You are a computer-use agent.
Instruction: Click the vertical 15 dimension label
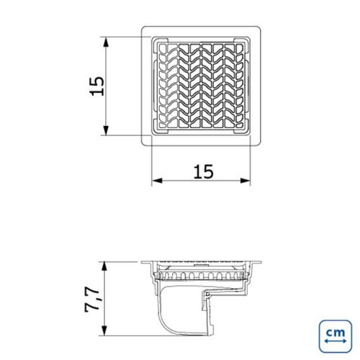(x=97, y=86)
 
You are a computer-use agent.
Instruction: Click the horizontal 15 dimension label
(x=203, y=171)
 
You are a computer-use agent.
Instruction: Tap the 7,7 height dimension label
(x=92, y=300)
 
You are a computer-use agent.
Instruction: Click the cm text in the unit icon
(x=336, y=333)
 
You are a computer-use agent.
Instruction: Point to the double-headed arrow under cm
(x=336, y=341)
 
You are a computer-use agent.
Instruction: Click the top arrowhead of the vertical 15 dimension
(x=106, y=42)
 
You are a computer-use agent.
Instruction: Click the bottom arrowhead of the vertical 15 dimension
(x=106, y=130)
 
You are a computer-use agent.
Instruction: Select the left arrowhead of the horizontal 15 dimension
(x=157, y=181)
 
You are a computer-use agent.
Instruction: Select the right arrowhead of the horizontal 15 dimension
(x=245, y=181)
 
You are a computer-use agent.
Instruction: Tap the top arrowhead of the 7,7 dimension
(x=104, y=267)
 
